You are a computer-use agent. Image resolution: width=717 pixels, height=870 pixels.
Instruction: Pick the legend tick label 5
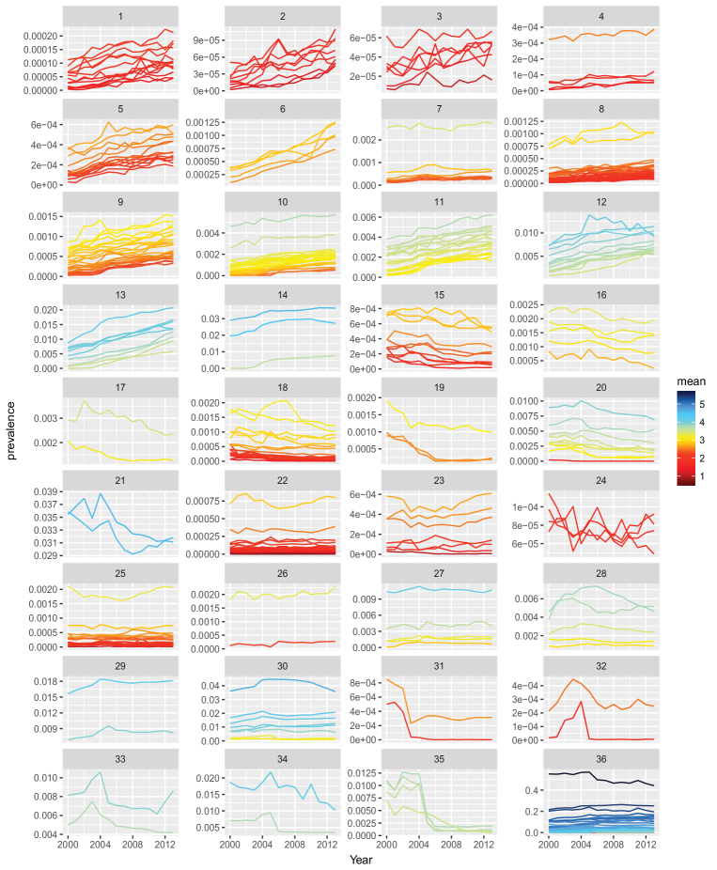(x=703, y=404)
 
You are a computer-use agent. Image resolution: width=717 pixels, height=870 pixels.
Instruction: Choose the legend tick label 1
(x=703, y=475)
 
